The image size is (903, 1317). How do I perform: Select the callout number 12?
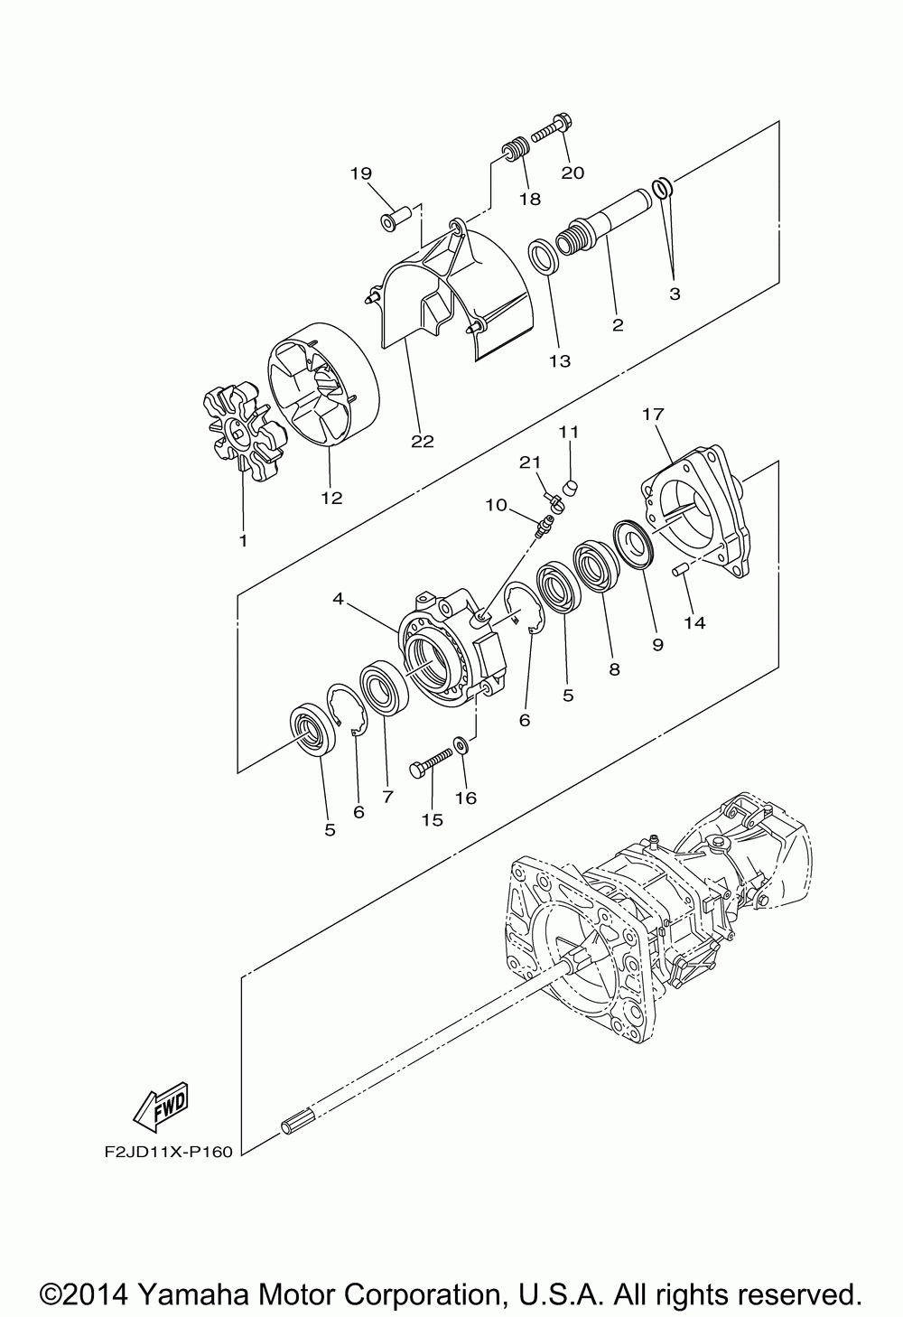(x=332, y=498)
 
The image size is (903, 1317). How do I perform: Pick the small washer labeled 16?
(x=461, y=745)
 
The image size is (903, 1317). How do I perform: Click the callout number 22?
(x=422, y=441)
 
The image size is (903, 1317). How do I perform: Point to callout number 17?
(x=653, y=415)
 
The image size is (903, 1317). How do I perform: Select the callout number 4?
(x=338, y=598)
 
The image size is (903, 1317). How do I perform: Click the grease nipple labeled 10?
(x=542, y=527)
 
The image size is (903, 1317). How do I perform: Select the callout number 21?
(x=529, y=462)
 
